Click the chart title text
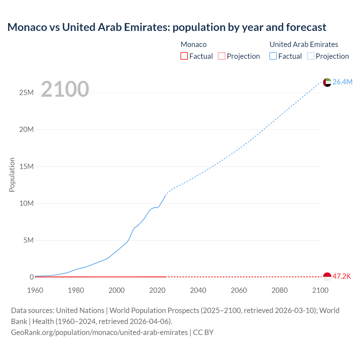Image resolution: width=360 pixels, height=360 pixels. pyautogui.click(x=167, y=27)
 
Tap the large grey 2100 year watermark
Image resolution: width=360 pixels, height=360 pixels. pyautogui.click(x=65, y=89)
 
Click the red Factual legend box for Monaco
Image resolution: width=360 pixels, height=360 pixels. pyautogui.click(x=184, y=56)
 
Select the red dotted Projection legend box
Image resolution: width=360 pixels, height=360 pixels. pyautogui.click(x=222, y=56)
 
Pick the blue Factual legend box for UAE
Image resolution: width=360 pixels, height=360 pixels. pyautogui.click(x=273, y=56)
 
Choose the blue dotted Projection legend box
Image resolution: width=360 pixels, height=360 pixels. pyautogui.click(x=310, y=56)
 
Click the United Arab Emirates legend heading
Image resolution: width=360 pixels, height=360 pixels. pyautogui.click(x=304, y=44)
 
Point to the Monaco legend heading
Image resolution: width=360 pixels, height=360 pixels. pyautogui.click(x=193, y=44)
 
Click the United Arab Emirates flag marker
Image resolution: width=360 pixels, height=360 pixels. pyautogui.click(x=327, y=82)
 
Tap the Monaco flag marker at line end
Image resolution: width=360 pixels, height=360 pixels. pyautogui.click(x=327, y=277)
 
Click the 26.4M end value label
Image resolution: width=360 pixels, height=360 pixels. pyautogui.click(x=342, y=82)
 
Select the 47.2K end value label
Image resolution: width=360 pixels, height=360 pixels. pyautogui.click(x=342, y=276)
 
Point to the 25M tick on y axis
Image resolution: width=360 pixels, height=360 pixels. pyautogui.click(x=26, y=93)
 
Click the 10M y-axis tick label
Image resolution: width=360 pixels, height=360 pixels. pyautogui.click(x=26, y=203)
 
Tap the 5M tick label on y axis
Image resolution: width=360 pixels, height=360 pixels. pyautogui.click(x=28, y=240)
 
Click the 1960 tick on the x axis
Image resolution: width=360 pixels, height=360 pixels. pyautogui.click(x=35, y=290)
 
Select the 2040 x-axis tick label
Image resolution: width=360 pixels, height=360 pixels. pyautogui.click(x=198, y=290)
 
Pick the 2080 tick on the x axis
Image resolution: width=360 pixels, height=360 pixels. pyautogui.click(x=280, y=290)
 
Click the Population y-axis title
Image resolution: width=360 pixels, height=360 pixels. pyautogui.click(x=12, y=175)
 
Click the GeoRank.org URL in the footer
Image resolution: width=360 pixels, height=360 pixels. pyautogui.click(x=99, y=332)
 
